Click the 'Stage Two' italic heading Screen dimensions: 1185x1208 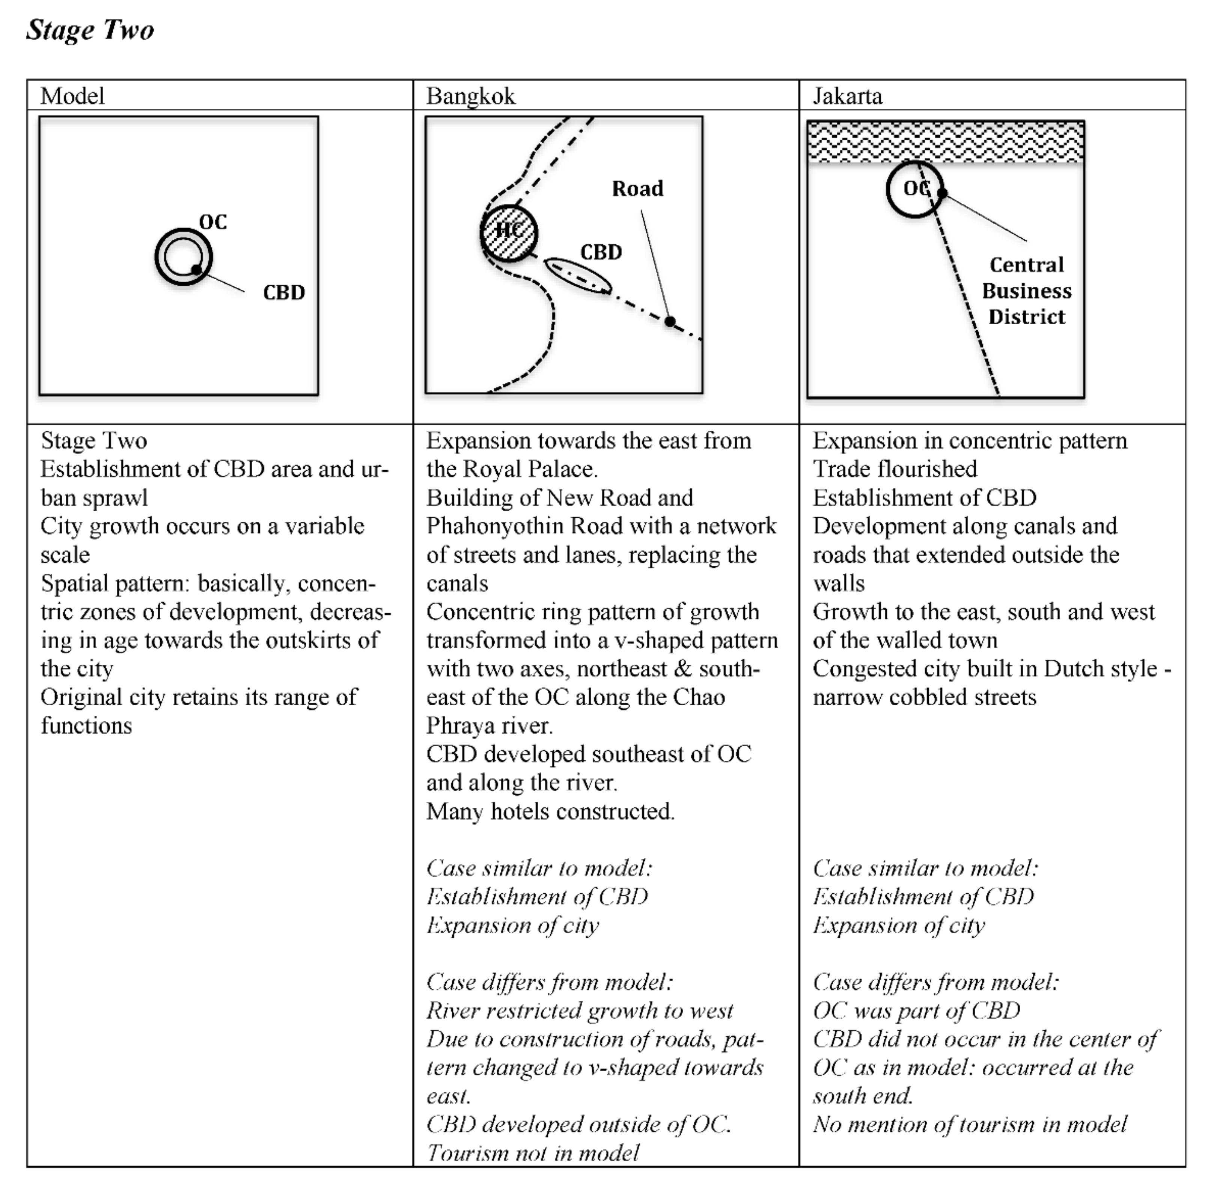90,30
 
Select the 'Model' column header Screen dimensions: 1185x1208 72,96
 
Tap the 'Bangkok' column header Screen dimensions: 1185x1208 470,96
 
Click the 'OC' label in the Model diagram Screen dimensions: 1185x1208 213,222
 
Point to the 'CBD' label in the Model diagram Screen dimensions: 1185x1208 284,292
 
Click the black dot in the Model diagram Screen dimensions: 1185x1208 196,269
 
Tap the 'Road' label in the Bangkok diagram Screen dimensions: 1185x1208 637,188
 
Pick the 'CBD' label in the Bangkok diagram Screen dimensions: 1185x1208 601,252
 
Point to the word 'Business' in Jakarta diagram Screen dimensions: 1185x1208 1026,291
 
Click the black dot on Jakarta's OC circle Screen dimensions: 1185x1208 941,193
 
